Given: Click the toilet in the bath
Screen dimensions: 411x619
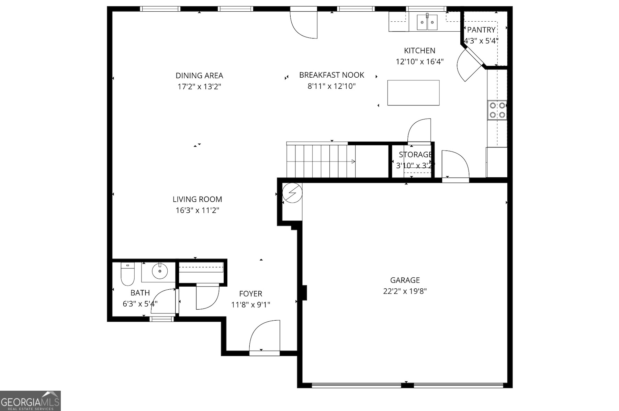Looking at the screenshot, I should [127, 275].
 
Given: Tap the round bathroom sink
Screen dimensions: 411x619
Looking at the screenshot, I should [160, 271].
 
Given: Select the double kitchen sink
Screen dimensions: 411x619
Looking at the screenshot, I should [427, 23].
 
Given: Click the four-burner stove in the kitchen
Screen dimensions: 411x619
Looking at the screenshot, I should [497, 110].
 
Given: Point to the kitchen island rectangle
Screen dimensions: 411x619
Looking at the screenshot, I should [413, 92].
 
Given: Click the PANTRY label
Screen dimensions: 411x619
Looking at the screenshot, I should [481, 30].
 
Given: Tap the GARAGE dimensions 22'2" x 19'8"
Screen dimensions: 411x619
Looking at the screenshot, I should [405, 291].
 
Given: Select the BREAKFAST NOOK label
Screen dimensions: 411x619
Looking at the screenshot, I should [331, 75].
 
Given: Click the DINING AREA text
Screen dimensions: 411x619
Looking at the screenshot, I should [199, 76].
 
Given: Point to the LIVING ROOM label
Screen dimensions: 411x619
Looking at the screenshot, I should [197, 199].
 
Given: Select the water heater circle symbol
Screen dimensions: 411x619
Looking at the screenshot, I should [292, 193].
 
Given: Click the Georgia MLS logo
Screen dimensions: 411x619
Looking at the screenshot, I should [30, 401].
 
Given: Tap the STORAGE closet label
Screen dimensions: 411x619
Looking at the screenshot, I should [415, 155].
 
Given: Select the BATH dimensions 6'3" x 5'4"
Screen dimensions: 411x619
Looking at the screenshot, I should [140, 304].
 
